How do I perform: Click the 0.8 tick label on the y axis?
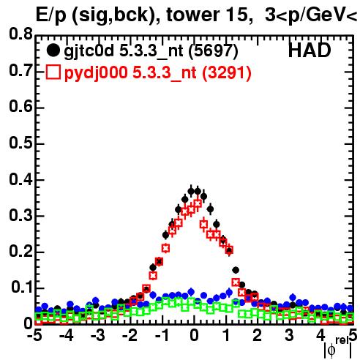(20, 34)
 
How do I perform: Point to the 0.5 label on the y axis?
(20, 143)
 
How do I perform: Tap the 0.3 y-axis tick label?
(20, 215)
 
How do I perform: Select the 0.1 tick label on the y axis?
(22, 288)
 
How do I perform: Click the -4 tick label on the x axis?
(66, 336)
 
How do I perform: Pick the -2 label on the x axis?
(131, 336)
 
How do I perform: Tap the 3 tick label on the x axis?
(289, 336)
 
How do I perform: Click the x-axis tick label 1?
(226, 336)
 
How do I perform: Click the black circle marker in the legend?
(53, 50)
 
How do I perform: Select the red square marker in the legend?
(53, 72)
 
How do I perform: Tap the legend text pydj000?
(96, 73)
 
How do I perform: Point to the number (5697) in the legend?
(213, 51)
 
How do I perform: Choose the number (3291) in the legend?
(227, 73)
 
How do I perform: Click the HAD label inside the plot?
(310, 50)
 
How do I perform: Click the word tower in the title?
(192, 15)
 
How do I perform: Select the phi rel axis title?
(338, 348)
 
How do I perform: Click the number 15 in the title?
(236, 15)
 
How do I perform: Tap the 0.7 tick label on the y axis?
(20, 70)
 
